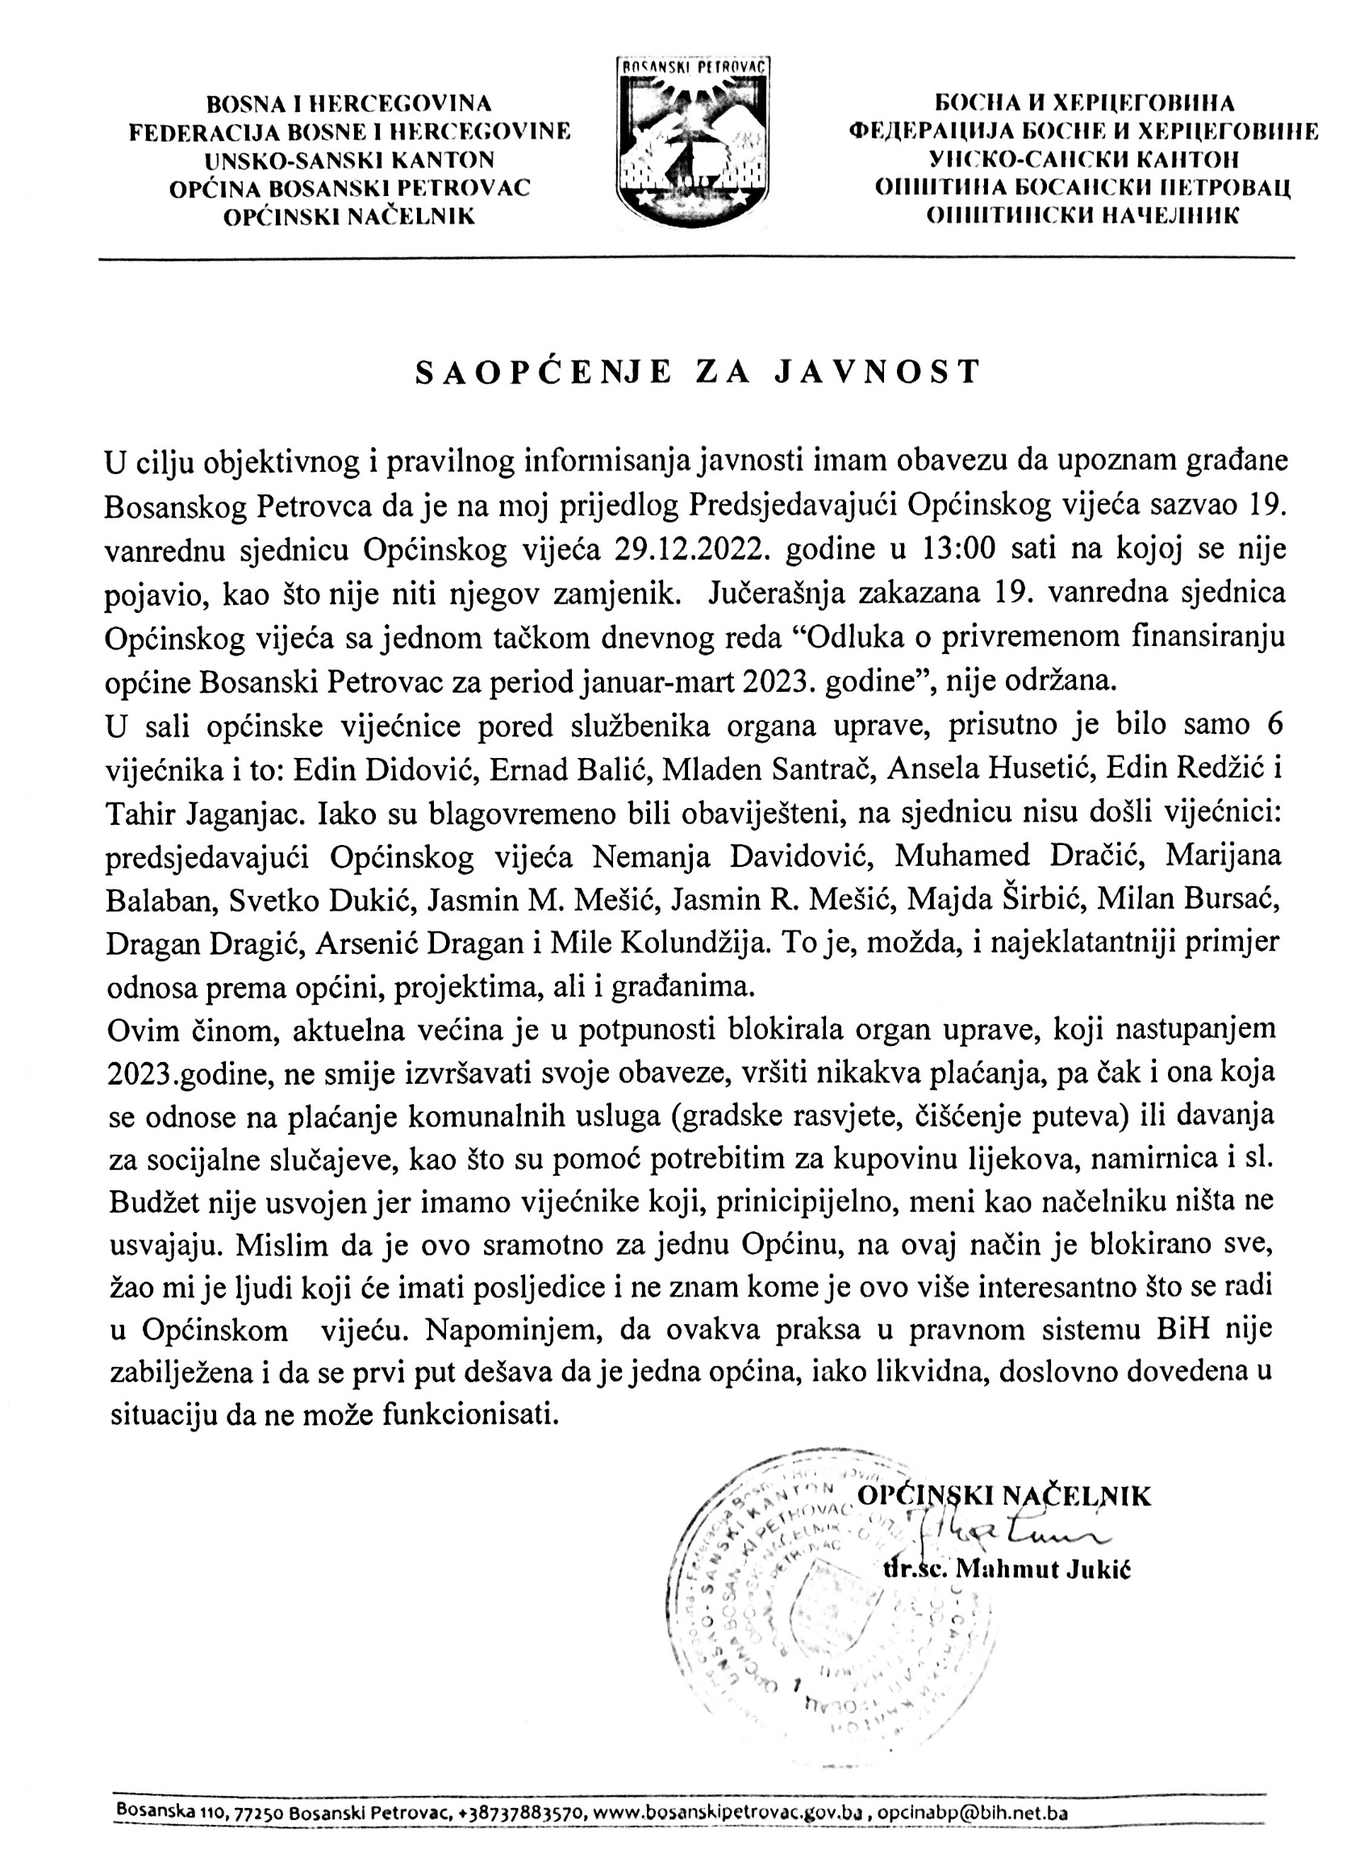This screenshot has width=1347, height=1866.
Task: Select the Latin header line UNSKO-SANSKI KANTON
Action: point(350,160)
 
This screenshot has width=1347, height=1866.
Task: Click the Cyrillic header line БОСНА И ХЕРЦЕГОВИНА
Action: point(1084,104)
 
